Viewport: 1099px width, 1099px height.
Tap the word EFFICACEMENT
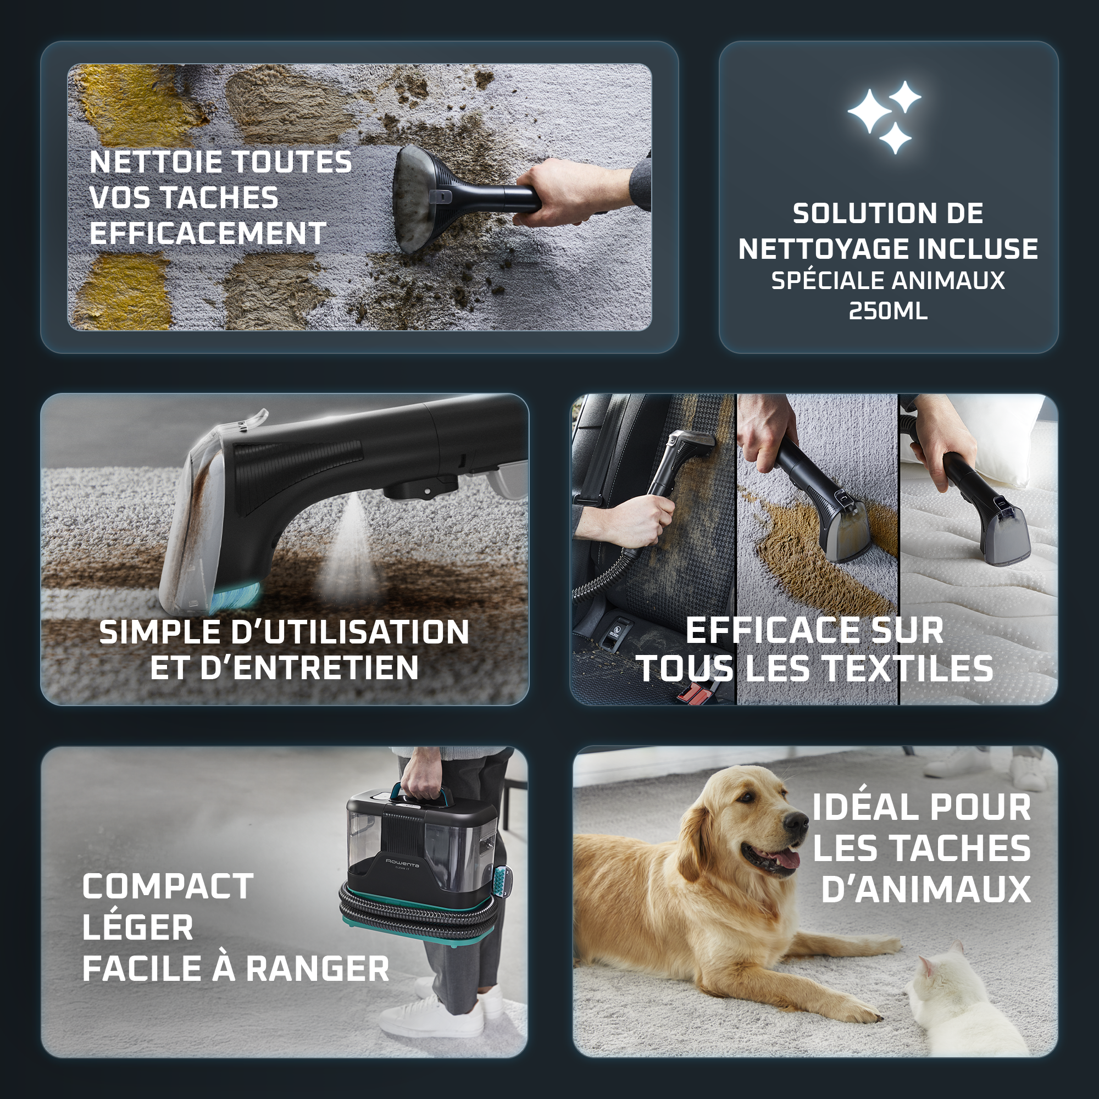(x=208, y=233)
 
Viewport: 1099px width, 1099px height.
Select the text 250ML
(x=888, y=310)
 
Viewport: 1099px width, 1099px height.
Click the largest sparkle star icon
(x=869, y=111)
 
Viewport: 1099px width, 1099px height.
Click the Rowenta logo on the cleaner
(x=403, y=863)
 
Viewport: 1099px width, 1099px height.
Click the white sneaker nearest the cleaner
(x=432, y=1018)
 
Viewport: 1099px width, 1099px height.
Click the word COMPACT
(x=168, y=887)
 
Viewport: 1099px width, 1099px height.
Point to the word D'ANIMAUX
(x=925, y=890)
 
